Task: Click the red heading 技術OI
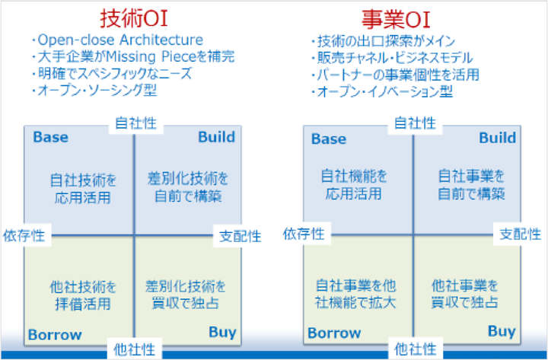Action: tap(134, 18)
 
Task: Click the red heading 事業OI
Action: tap(396, 20)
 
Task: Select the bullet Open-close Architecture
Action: tap(117, 40)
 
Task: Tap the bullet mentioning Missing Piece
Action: tap(133, 56)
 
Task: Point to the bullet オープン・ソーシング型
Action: tap(94, 91)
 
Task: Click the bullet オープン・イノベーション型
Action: tap(382, 92)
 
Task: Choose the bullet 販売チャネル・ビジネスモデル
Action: tap(392, 58)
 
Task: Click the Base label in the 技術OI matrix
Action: tap(51, 137)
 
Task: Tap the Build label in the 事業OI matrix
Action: tap(497, 138)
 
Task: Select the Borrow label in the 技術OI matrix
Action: tap(55, 334)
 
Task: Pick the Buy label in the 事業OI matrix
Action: tap(502, 331)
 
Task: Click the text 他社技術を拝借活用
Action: tap(83, 295)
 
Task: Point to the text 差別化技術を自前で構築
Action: tap(188, 187)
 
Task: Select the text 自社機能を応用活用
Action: tap(354, 184)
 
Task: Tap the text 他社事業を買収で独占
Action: tap(464, 294)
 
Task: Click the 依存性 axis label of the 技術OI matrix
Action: tap(24, 236)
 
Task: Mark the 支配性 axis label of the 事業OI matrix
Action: tap(521, 234)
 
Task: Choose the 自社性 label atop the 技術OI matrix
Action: tap(136, 123)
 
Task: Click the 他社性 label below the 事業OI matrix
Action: tap(416, 349)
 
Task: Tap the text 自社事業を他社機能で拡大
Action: tap(355, 294)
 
